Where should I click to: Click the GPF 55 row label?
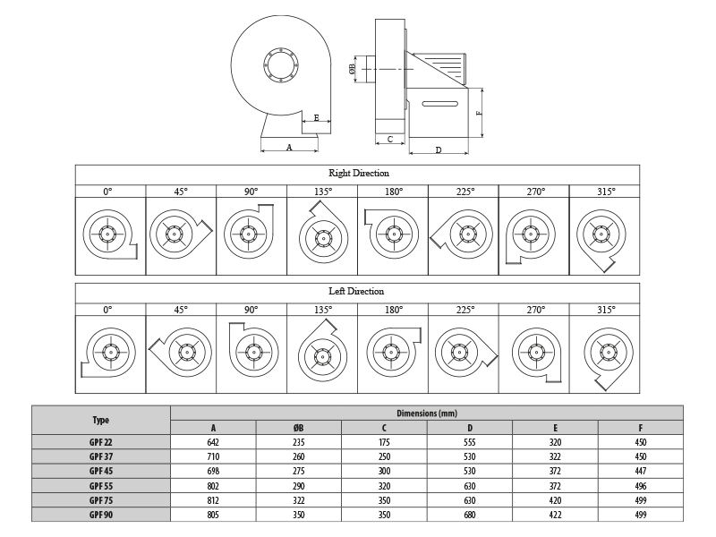point(101,486)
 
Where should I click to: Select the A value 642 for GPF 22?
point(213,442)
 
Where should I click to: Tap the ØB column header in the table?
point(298,428)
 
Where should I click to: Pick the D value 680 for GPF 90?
point(469,515)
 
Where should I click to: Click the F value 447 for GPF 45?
point(641,471)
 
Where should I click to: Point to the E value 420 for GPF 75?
point(555,500)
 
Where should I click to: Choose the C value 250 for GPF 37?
point(384,456)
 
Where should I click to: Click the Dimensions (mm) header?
point(427,413)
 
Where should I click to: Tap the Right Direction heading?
point(359,173)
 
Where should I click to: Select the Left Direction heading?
point(356,292)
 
